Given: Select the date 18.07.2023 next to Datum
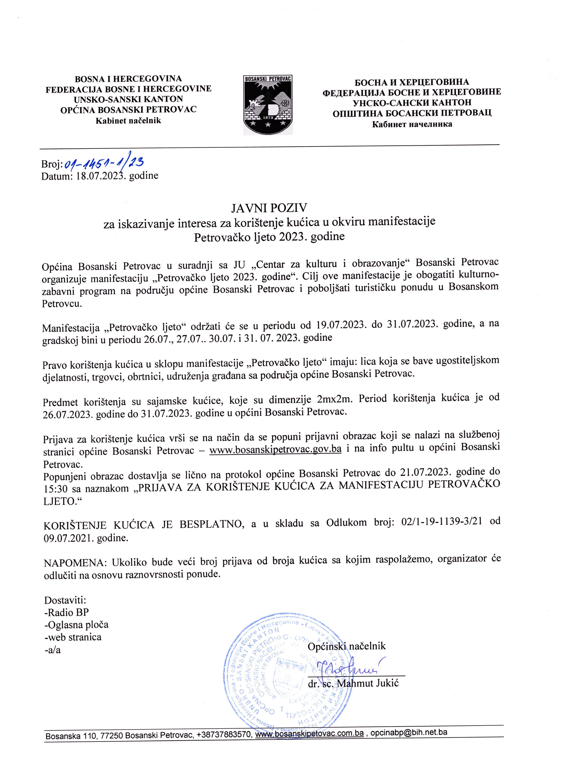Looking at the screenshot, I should pos(99,176).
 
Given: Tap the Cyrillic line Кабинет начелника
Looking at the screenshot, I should pos(412,124).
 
